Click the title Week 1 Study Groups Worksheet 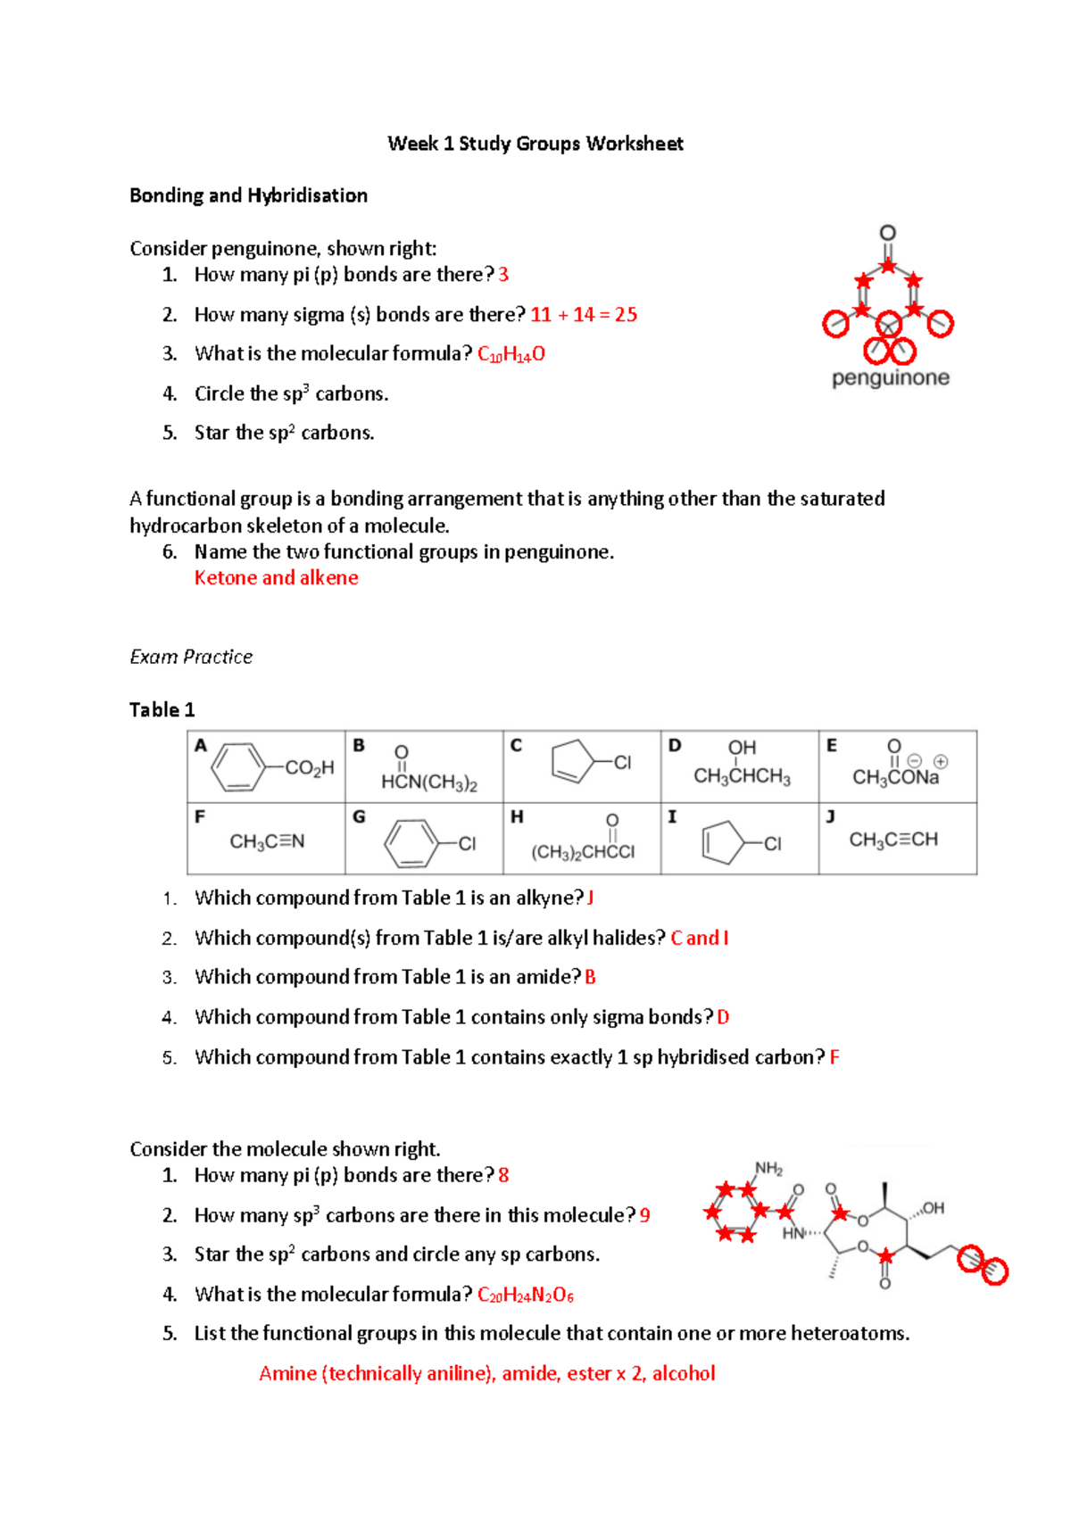pyautogui.click(x=535, y=144)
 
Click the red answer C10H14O pyautogui.click(x=511, y=354)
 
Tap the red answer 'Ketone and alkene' pyautogui.click(x=277, y=578)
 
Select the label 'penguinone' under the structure pyautogui.click(x=890, y=378)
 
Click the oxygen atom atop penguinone pyautogui.click(x=887, y=233)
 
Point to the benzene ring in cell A pyautogui.click(x=237, y=767)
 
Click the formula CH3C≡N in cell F pyautogui.click(x=267, y=841)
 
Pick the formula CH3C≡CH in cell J pyautogui.click(x=893, y=840)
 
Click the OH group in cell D pyautogui.click(x=742, y=748)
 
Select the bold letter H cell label pyautogui.click(x=517, y=816)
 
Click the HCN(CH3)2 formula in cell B pyautogui.click(x=429, y=782)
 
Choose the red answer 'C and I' pyautogui.click(x=700, y=938)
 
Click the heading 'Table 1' pyautogui.click(x=162, y=710)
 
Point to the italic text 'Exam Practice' pyautogui.click(x=191, y=658)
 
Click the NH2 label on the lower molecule pyautogui.click(x=768, y=1168)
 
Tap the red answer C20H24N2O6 pyautogui.click(x=526, y=1295)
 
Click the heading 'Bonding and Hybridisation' pyautogui.click(x=248, y=195)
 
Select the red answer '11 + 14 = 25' pyautogui.click(x=584, y=315)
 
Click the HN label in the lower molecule pyautogui.click(x=793, y=1233)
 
